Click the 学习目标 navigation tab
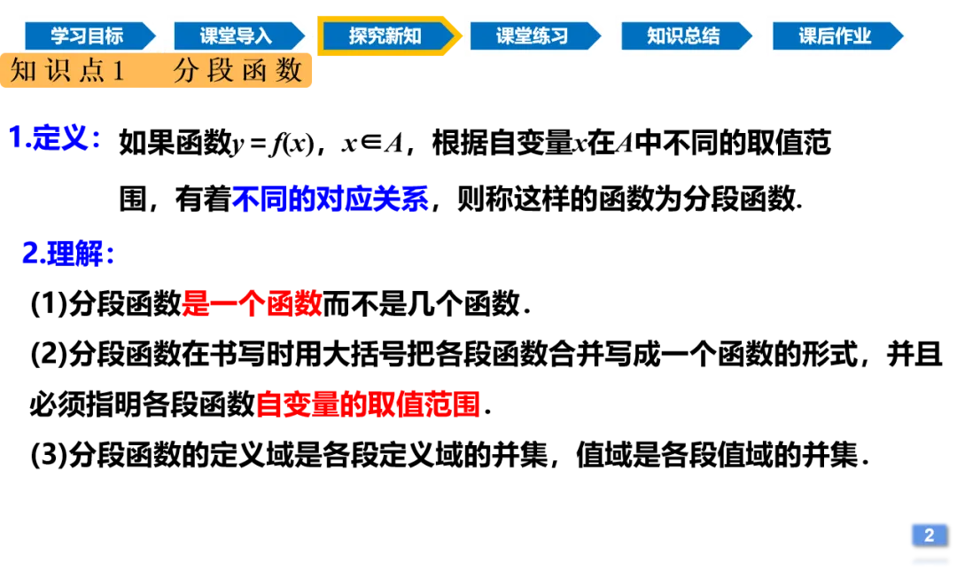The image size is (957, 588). (x=87, y=36)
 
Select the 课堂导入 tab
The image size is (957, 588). (x=236, y=36)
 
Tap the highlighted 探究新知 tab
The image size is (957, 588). (x=385, y=36)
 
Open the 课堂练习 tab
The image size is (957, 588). (x=532, y=36)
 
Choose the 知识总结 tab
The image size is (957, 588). (x=682, y=36)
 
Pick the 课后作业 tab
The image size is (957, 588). (x=835, y=36)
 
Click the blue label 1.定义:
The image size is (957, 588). (x=54, y=138)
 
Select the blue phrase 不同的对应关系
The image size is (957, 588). (x=330, y=199)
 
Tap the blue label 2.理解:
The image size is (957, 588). (x=68, y=255)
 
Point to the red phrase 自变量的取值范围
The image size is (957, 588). (x=368, y=404)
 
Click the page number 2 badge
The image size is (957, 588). (x=929, y=534)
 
